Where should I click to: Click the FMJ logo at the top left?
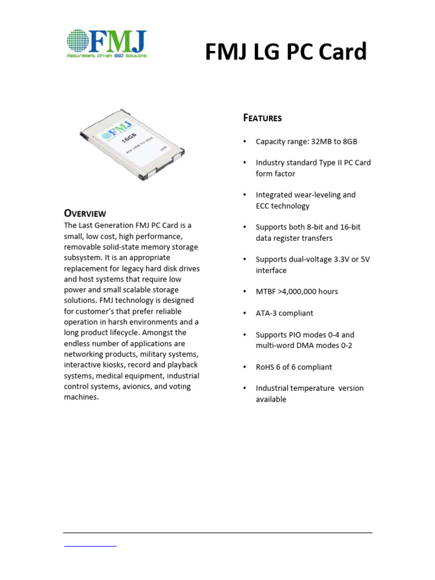tap(106, 41)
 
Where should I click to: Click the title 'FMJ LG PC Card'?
tap(285, 52)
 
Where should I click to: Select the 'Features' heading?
tap(262, 118)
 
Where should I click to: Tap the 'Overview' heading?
tap(84, 214)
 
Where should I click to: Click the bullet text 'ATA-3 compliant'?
tap(284, 313)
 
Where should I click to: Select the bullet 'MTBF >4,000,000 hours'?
tap(296, 292)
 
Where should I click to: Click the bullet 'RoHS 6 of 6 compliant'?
tap(293, 367)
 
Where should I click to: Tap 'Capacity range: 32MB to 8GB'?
tap(306, 142)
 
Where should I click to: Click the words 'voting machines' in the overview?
tap(113, 392)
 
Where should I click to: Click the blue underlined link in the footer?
tap(91, 545)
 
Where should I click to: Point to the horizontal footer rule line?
tap(217, 532)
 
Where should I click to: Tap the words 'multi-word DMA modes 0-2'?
tap(304, 346)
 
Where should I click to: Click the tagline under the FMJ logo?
tap(106, 56)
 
